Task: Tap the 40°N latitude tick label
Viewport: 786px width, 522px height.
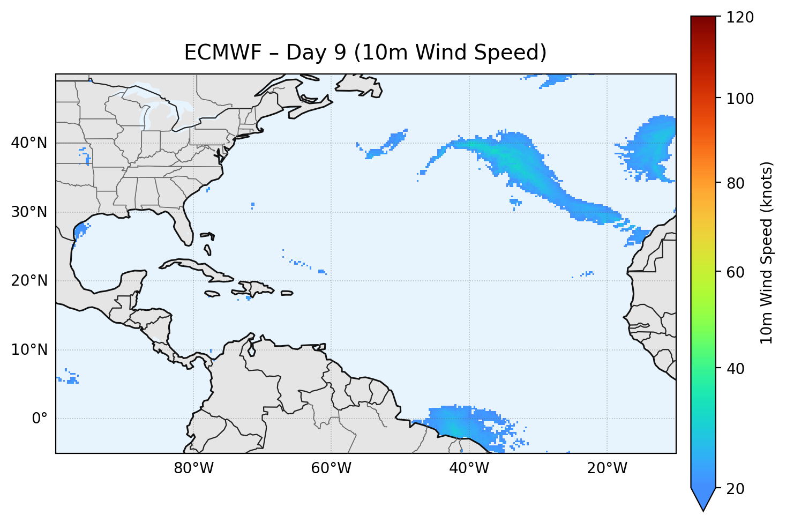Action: (29, 143)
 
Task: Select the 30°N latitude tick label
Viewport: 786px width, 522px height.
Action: (29, 212)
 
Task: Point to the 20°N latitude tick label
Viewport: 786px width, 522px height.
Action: (29, 281)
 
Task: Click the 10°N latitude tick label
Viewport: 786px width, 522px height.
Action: (29, 350)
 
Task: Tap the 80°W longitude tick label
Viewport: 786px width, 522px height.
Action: (193, 468)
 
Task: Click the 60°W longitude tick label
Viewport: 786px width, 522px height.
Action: (331, 468)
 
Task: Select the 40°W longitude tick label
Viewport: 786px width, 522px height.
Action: (469, 468)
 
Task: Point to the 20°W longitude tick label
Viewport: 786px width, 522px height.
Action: (607, 468)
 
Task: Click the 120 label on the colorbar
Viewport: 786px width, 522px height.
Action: (741, 18)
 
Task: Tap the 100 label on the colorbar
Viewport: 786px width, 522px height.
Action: (741, 99)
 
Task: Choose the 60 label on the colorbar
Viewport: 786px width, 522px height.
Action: (737, 272)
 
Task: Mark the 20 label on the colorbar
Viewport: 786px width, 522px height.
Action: (737, 489)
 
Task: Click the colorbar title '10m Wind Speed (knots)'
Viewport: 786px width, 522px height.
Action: (767, 253)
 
